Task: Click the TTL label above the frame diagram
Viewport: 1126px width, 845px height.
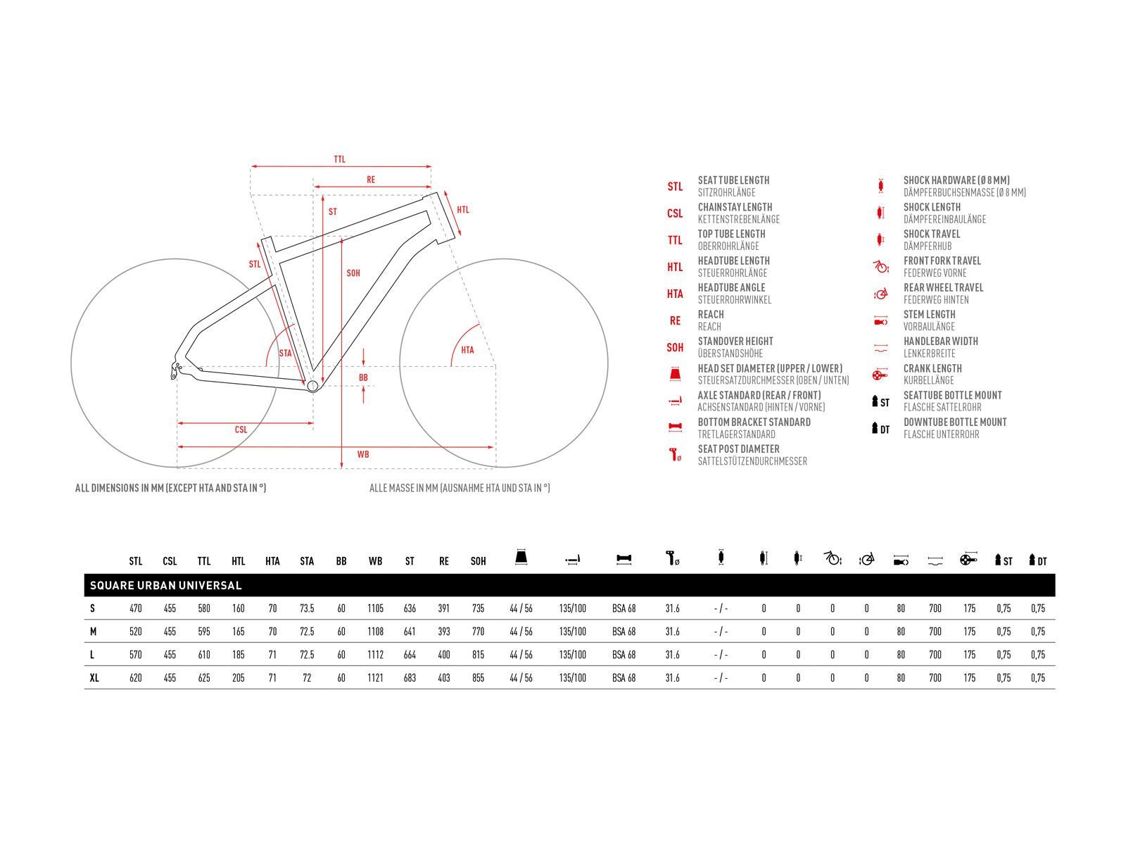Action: point(340,159)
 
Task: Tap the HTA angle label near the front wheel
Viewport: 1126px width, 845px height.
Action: point(467,350)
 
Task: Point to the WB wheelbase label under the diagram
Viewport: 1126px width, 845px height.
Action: point(363,454)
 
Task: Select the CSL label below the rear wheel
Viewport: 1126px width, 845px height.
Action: point(241,430)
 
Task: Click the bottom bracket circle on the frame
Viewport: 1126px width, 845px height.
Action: point(312,386)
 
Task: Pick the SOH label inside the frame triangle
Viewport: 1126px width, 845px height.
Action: point(353,273)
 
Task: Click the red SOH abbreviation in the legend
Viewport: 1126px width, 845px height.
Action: point(675,347)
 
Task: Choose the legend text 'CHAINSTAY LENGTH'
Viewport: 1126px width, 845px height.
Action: point(735,207)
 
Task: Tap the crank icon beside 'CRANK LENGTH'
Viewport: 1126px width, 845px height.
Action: point(880,374)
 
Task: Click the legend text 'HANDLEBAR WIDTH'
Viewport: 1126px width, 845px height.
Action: point(941,342)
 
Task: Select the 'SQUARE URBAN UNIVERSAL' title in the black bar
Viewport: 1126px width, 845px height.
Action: point(165,585)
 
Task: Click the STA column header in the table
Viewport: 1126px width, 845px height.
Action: point(307,561)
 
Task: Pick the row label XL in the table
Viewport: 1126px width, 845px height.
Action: point(94,677)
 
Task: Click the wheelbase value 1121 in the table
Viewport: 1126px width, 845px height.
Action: point(376,677)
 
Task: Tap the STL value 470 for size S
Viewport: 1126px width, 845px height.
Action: point(135,608)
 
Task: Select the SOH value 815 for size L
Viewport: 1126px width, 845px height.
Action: point(478,655)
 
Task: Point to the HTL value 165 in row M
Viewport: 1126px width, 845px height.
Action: point(239,632)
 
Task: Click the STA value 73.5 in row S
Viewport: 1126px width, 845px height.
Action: point(307,608)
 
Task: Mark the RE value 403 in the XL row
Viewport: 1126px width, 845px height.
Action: point(444,677)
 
